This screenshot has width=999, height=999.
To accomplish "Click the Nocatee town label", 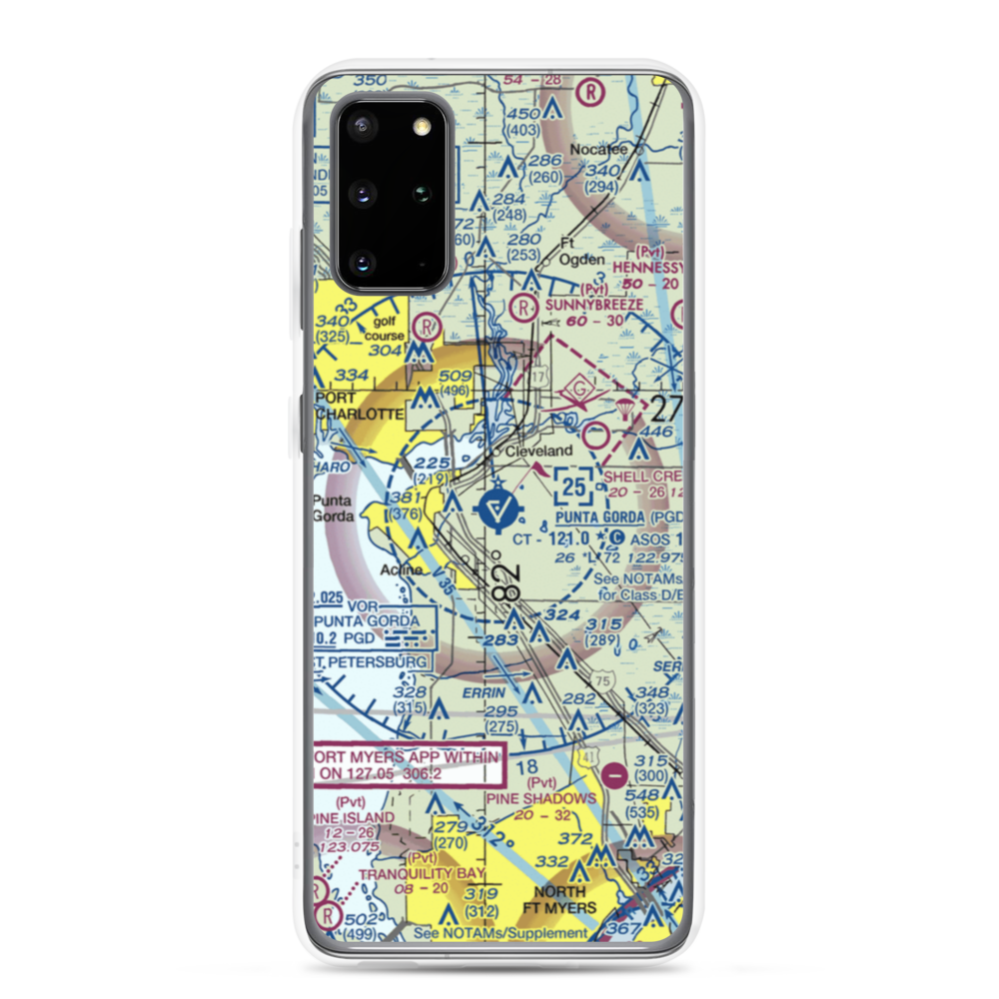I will click(599, 150).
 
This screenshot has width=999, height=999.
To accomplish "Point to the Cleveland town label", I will click(539, 452).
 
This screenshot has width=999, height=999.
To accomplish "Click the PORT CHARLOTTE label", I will click(359, 406).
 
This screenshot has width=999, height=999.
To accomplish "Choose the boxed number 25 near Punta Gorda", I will click(573, 488).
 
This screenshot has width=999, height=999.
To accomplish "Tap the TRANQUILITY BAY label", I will click(421, 874).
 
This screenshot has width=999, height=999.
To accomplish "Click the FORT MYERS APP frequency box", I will click(407, 765).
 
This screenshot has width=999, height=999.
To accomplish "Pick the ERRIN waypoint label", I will click(484, 690).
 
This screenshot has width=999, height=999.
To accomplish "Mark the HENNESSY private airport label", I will click(646, 268).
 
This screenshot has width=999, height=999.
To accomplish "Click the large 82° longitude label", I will click(504, 584).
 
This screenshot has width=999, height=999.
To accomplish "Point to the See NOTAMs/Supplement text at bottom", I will click(501, 933).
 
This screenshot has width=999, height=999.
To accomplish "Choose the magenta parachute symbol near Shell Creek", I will click(626, 411).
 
